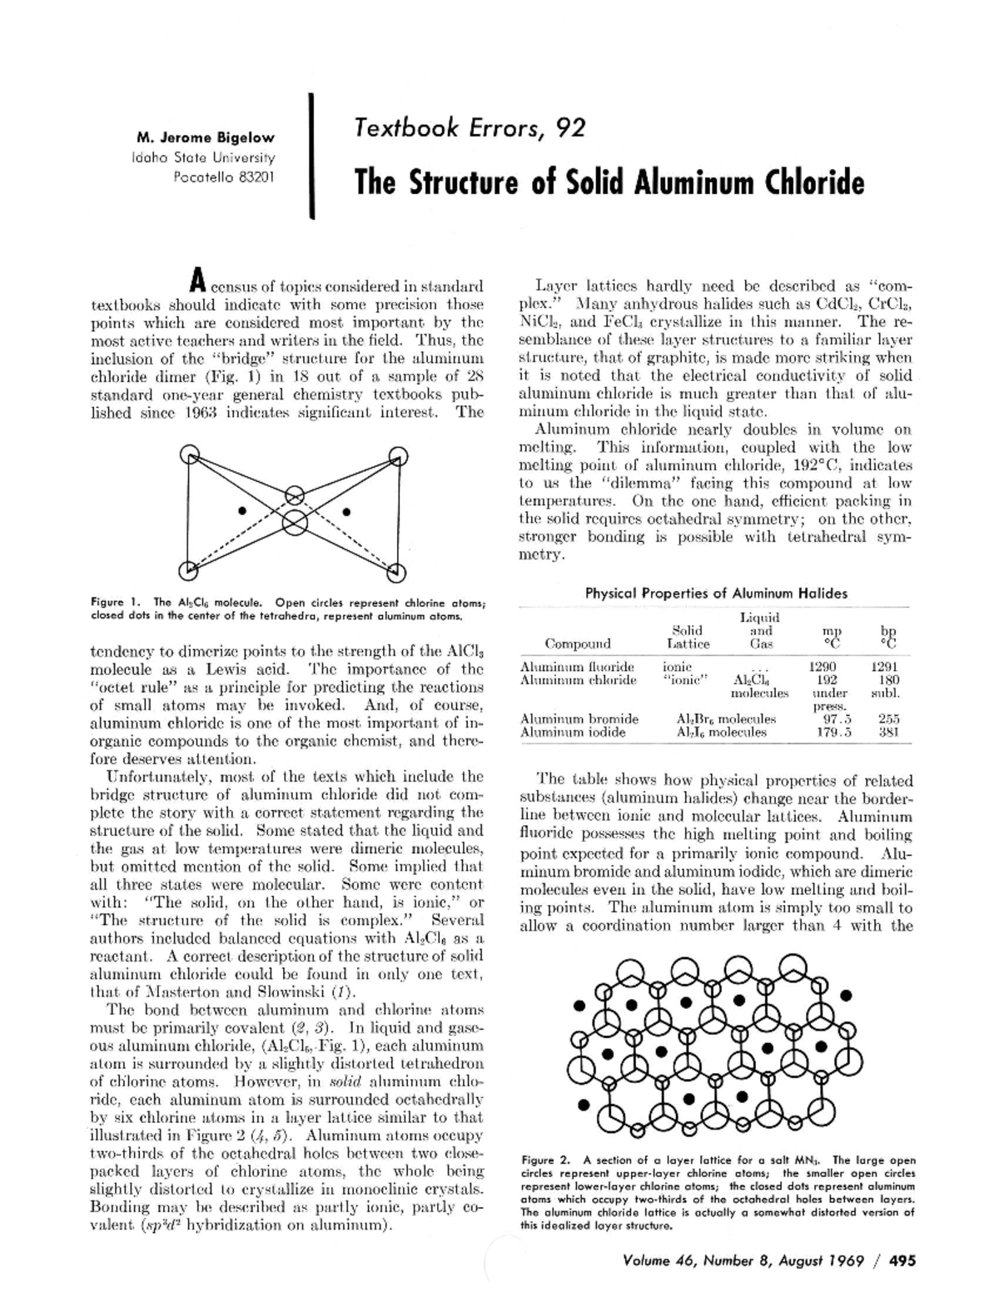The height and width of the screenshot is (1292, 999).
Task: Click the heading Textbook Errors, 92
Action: coord(470,128)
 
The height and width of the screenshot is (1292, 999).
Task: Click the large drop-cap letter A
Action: coord(196,281)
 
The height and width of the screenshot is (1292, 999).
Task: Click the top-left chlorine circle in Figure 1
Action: coord(190,455)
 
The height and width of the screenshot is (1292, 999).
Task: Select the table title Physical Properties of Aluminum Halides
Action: coord(716,594)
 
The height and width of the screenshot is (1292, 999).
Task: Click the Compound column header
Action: coord(578,643)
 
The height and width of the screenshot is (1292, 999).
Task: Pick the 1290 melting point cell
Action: coord(823,667)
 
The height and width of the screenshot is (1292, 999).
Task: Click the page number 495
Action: coord(902,1260)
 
